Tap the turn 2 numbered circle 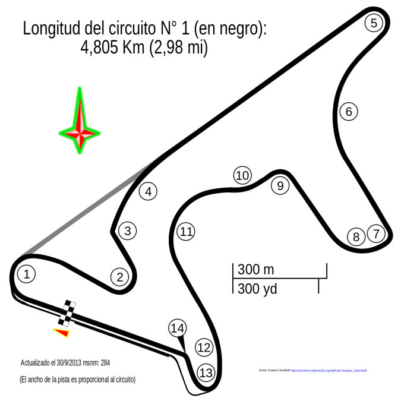pos(119,276)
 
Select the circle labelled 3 pos(127,231)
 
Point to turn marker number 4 pos(149,192)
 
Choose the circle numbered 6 pos(349,111)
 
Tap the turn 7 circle pos(375,233)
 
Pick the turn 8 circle pos(356,237)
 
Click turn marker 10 pos(241,175)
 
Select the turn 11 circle pos(186,231)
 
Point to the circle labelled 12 pos(204,348)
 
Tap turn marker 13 pos(206,373)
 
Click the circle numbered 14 pos(177,328)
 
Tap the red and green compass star pos(78,122)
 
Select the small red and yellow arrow pos(62,333)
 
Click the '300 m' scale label pos(256,270)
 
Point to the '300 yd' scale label pos(257,289)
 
